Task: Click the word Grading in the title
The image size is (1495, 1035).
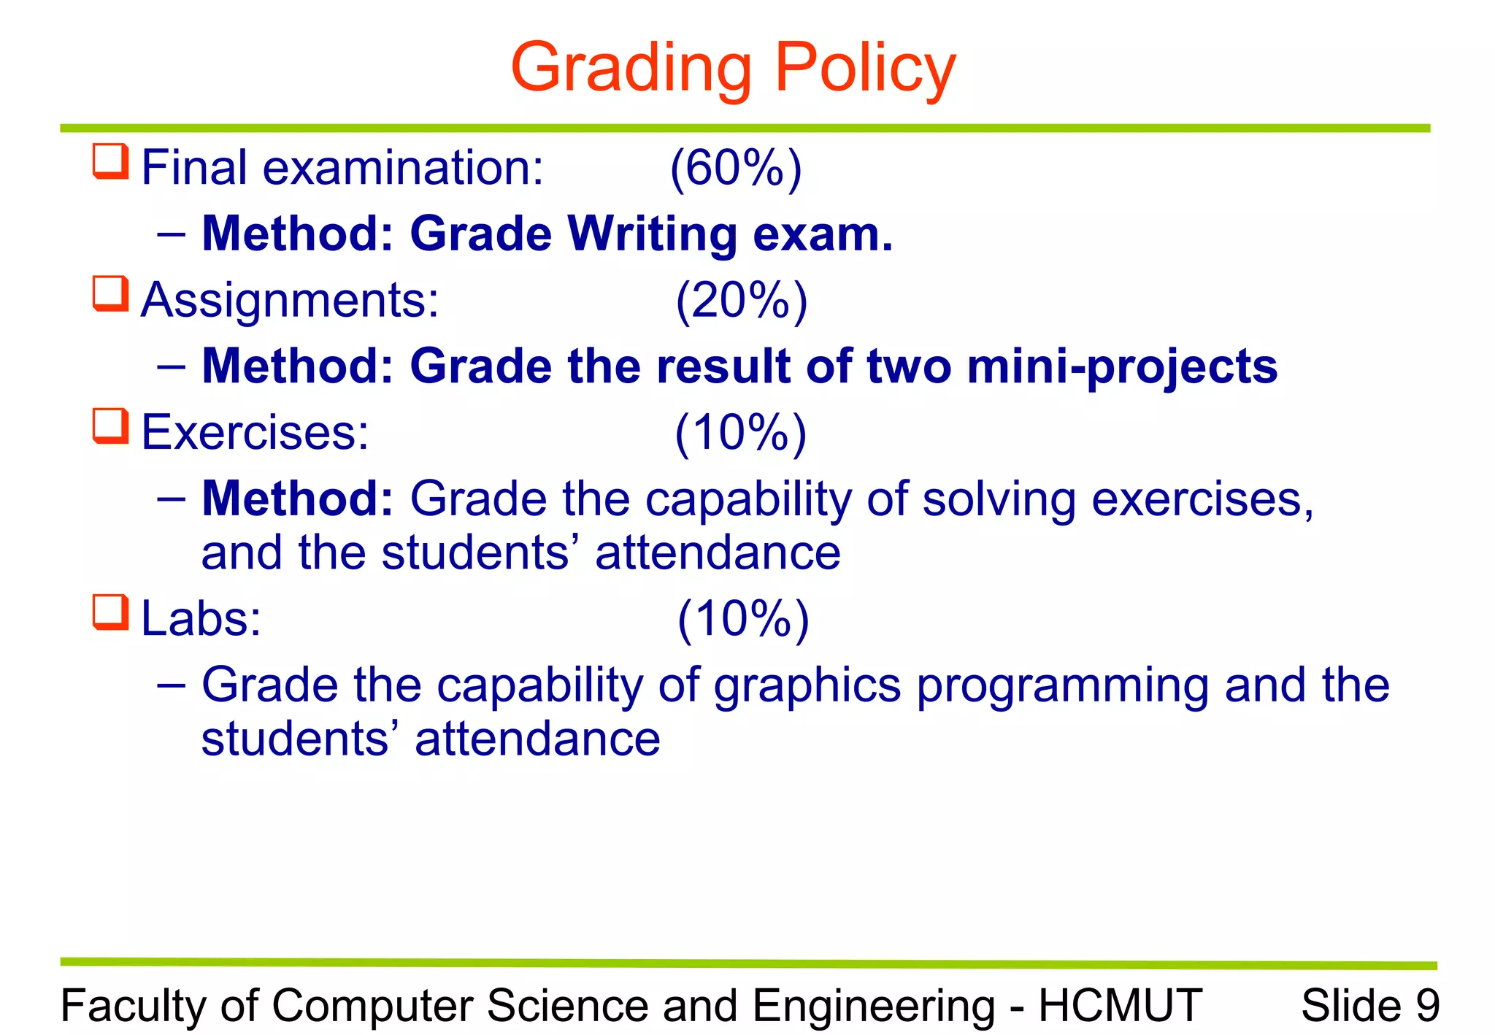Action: coord(631,69)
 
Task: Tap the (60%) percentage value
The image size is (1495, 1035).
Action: coord(736,168)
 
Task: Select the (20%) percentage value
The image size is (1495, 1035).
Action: coord(742,300)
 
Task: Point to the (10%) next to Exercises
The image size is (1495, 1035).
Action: coord(740,433)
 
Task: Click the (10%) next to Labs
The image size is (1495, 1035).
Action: coord(743,619)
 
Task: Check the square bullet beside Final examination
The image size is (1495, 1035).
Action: coord(111,161)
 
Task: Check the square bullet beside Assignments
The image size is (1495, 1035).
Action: coord(111,293)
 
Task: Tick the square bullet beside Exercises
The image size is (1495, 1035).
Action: coord(111,426)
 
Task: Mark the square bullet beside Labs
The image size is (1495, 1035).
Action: coord(111,612)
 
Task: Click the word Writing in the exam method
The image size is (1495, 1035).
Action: coord(652,235)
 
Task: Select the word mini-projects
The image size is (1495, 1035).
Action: coord(1122,366)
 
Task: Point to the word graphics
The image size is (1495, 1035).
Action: coord(807,686)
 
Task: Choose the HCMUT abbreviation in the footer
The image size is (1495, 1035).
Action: coord(1120,1005)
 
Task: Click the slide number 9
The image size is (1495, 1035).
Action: coord(1427,1005)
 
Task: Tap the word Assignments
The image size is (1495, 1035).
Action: coord(290,300)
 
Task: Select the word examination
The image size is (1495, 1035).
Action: coord(403,168)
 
